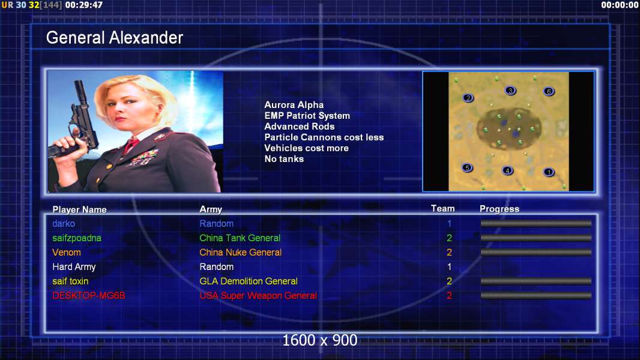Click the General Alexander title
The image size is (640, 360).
tap(114, 38)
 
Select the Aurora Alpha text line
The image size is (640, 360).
tap(294, 105)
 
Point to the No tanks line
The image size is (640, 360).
tap(284, 159)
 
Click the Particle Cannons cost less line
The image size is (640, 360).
tap(324, 137)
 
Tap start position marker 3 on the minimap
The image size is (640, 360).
tap(510, 91)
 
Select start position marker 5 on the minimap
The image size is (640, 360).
tap(467, 167)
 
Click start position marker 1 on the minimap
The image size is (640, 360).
tap(549, 172)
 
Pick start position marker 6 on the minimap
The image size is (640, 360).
tap(549, 91)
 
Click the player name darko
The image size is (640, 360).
tap(64, 223)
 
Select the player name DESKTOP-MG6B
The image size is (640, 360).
tap(89, 296)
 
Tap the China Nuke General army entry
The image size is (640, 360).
tap(240, 253)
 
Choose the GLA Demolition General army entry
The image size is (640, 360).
tap(249, 281)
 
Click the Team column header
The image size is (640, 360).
tap(443, 208)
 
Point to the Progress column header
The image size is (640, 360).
tap(500, 209)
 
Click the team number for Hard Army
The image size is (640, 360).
tap(450, 266)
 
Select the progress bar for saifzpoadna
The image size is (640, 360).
tap(536, 238)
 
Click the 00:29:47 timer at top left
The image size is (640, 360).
tap(83, 5)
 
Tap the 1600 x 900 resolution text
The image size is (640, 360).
tap(320, 340)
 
